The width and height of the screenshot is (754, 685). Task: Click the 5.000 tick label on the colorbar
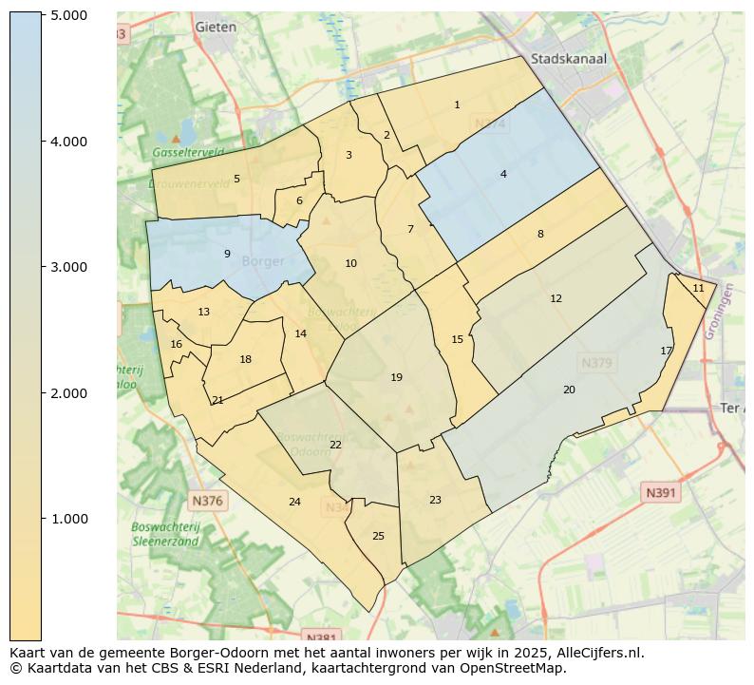coord(68,15)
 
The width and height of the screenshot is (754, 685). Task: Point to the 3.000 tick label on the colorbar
coord(68,267)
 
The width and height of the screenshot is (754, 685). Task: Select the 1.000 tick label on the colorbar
coord(68,519)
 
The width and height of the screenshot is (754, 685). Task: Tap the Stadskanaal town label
coord(569,58)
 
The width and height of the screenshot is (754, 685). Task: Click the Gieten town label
coord(216,28)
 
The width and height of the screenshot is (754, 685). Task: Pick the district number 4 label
coord(503,174)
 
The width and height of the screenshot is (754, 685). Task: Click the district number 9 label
coord(227,254)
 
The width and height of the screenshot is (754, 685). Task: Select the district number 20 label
coord(569,390)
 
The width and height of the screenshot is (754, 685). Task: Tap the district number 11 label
coord(698,288)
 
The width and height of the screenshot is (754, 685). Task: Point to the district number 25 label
coord(378,536)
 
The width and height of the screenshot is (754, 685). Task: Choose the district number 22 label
coord(335,445)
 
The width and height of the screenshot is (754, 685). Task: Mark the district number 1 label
coord(457,105)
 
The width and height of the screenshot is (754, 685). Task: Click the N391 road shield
coord(661,492)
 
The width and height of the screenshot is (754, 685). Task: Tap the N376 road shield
coord(207,501)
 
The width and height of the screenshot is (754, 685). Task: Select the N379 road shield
coord(597,363)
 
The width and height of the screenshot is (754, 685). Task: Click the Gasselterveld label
coord(188,152)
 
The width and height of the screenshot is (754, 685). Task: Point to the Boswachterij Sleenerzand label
coord(165,534)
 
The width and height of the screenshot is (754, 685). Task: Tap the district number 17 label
coord(667,351)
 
